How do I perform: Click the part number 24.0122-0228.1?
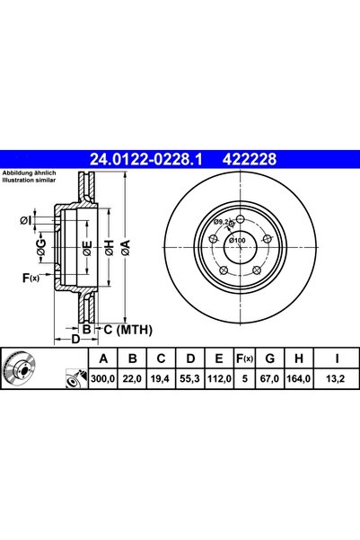coord(149,159)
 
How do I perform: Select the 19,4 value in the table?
coord(162,380)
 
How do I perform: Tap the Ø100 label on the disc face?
coord(237,241)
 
